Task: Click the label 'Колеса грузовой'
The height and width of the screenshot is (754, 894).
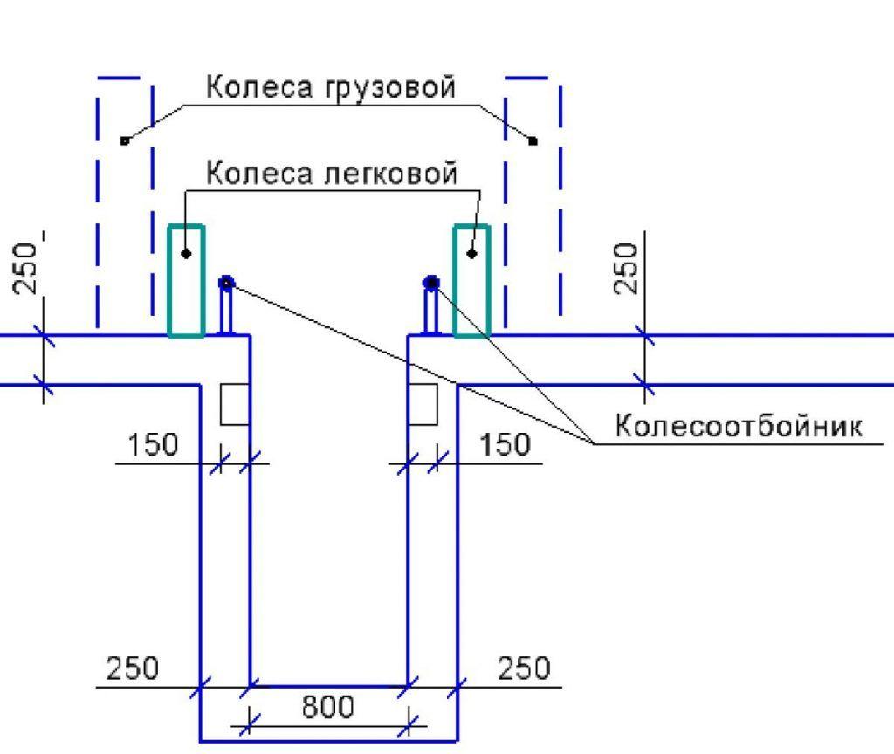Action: (331, 88)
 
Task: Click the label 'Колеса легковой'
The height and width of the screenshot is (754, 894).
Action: (331, 173)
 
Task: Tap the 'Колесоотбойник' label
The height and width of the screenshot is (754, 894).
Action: (739, 426)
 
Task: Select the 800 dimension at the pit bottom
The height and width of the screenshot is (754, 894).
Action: (327, 707)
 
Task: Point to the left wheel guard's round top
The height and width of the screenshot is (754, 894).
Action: (226, 282)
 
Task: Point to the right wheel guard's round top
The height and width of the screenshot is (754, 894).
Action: (431, 282)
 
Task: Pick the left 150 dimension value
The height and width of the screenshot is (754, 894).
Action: (152, 444)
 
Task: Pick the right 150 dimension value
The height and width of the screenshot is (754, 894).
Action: (505, 444)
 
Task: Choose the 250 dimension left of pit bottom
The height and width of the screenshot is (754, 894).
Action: (132, 668)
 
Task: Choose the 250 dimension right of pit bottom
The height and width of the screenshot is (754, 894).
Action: (524, 668)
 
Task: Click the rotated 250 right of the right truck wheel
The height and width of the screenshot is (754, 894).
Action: (625, 268)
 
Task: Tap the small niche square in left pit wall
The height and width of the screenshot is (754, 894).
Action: (235, 404)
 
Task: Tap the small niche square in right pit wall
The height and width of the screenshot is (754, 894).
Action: (423, 404)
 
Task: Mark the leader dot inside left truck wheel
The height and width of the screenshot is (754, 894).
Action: (125, 141)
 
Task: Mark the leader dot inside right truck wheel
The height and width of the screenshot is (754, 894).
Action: (533, 141)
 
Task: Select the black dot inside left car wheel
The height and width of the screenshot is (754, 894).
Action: (186, 253)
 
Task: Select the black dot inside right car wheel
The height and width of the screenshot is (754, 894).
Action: (471, 253)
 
